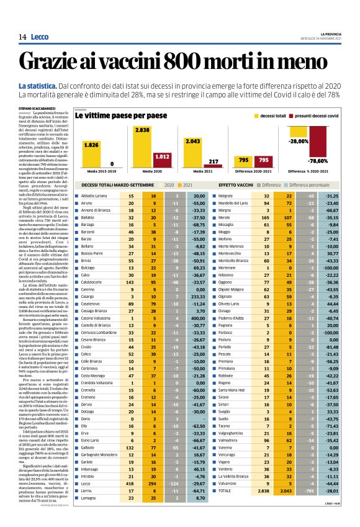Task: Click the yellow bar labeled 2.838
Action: tap(142, 151)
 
